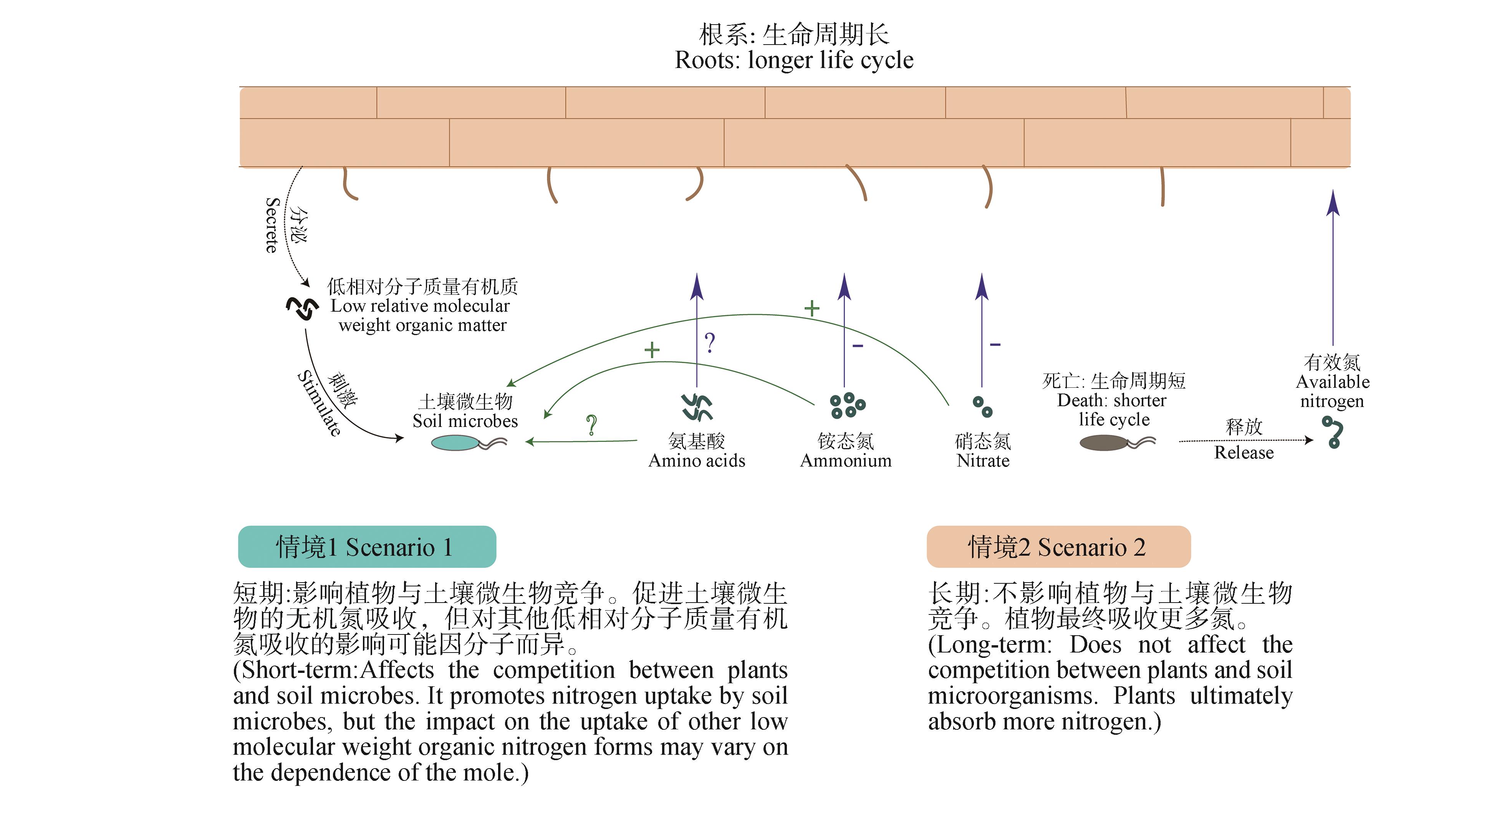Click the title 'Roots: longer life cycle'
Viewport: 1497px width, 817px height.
794,60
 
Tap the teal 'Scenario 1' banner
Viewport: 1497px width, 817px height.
367,546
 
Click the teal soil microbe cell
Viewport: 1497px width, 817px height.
455,443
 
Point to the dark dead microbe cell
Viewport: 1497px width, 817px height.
1103,443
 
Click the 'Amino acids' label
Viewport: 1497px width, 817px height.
696,460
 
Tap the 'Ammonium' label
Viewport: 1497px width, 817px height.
846,460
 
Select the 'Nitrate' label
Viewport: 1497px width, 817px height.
983,460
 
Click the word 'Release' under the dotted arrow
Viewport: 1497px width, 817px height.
1244,452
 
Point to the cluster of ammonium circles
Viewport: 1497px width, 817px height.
847,405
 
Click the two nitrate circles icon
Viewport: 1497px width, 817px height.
982,407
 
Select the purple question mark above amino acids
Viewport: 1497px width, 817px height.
710,343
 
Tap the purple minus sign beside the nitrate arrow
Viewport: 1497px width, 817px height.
995,345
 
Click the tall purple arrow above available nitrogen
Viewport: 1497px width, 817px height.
1333,267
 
